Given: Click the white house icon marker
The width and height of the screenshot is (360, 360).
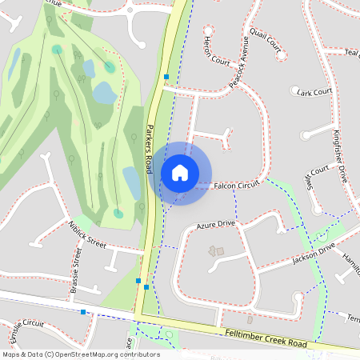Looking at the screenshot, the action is (x=180, y=173).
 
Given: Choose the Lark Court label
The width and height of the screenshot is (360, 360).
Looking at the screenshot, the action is (x=314, y=93).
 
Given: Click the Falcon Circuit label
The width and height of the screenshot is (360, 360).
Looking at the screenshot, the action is (x=238, y=186).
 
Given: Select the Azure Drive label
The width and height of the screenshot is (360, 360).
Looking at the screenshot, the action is (x=215, y=225).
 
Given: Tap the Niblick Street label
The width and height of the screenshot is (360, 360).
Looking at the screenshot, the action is (x=87, y=234).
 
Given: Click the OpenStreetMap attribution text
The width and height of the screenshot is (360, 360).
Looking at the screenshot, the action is (x=80, y=354).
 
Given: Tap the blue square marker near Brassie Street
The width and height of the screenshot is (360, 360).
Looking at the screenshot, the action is (x=83, y=312).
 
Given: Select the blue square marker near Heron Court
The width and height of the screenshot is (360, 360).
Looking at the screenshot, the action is (x=166, y=78).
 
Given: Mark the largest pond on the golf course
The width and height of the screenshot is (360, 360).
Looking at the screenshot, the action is (x=105, y=94).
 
